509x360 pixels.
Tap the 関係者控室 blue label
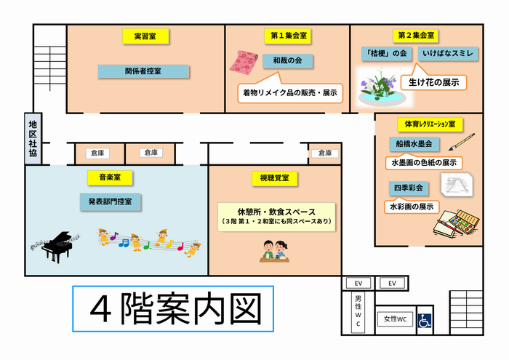pos(143,71)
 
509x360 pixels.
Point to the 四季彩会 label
pos(409,188)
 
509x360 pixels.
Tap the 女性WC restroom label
pos(395,319)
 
